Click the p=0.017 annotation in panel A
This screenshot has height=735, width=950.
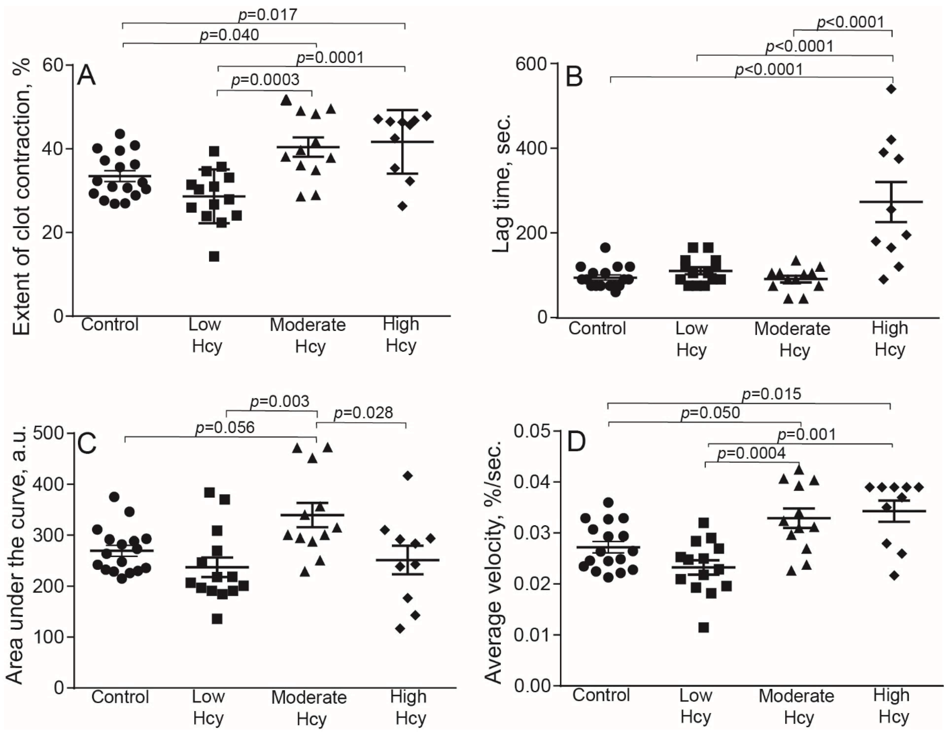(268, 14)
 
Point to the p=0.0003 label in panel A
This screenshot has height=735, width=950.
(265, 80)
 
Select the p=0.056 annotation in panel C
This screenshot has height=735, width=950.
(225, 427)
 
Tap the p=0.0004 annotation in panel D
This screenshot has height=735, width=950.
(751, 454)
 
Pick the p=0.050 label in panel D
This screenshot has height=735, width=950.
(710, 413)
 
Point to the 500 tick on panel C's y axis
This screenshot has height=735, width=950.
(49, 433)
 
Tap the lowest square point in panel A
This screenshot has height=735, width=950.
(214, 257)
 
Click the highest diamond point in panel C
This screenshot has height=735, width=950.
(408, 476)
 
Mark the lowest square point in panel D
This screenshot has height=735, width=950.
(704, 628)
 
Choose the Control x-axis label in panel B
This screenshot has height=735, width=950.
(597, 328)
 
